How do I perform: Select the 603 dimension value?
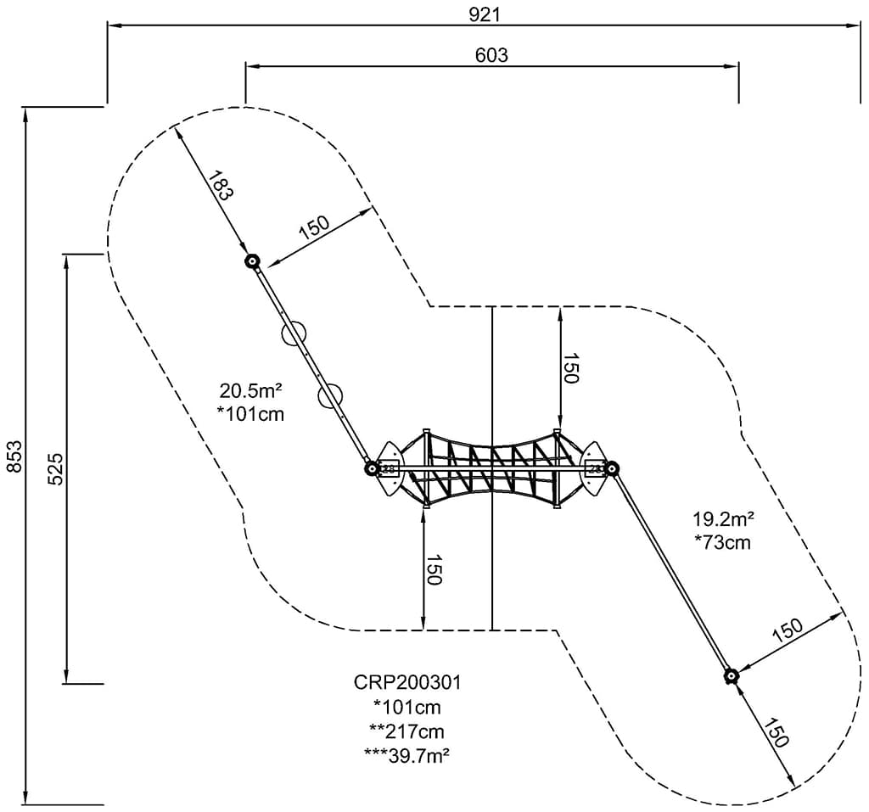[x=491, y=55]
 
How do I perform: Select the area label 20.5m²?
[x=250, y=391]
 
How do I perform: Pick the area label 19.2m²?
[x=724, y=519]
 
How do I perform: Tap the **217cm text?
[x=406, y=731]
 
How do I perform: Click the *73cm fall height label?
[x=722, y=542]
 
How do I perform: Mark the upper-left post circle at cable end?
[x=251, y=262]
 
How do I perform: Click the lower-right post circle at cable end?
[x=731, y=675]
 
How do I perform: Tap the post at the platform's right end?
[x=611, y=468]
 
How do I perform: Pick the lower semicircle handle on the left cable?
[x=328, y=395]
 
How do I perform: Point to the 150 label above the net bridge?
[x=570, y=368]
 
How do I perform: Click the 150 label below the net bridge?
[x=434, y=569]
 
